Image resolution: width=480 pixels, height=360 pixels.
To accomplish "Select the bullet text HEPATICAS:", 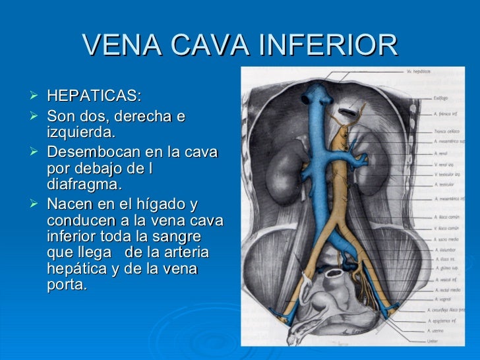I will click(94, 96).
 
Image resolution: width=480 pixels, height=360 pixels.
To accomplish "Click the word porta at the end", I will click(67, 285).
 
